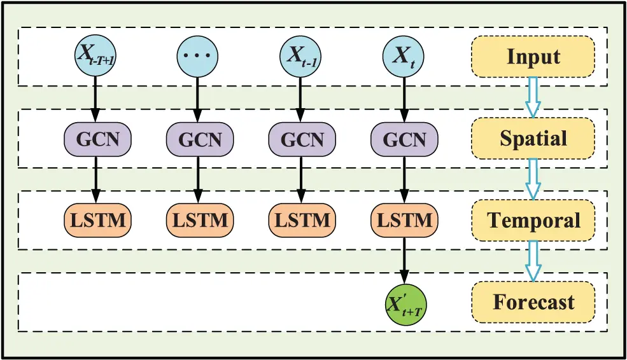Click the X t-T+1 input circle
click(95, 55)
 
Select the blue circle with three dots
click(197, 55)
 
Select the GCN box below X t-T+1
click(95, 138)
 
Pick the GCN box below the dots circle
click(197, 138)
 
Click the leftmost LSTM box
click(95, 220)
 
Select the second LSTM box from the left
click(197, 220)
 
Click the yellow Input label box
click(533, 56)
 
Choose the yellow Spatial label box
click(533, 138)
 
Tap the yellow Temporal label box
click(533, 220)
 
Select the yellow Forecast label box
click(533, 301)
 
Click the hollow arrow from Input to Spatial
click(533, 97)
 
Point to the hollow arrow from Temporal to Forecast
click(533, 261)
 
